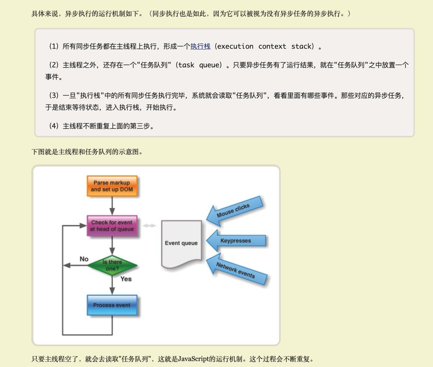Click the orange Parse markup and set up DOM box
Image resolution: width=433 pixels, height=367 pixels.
tap(112, 186)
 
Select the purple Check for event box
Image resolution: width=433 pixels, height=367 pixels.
tap(112, 226)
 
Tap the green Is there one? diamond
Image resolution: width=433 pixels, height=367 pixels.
tap(112, 265)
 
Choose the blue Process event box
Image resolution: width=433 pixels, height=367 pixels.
tap(112, 305)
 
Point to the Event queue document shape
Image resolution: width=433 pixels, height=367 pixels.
tap(181, 243)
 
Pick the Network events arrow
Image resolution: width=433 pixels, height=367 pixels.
tap(236, 270)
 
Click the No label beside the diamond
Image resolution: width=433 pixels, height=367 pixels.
tap(84, 259)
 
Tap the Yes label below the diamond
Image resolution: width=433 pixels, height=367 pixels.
tap(126, 279)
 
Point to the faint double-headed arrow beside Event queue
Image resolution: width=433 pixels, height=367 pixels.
tap(149, 226)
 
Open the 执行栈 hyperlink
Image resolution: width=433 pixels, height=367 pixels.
tap(200, 47)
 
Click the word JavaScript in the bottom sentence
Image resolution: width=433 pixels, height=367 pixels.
tap(193, 359)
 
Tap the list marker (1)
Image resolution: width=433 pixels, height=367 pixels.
tap(53, 47)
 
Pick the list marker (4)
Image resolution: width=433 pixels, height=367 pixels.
tap(53, 126)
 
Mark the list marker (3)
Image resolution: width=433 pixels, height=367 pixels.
tap(53, 96)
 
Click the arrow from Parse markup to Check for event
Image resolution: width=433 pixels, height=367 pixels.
tap(112, 206)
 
